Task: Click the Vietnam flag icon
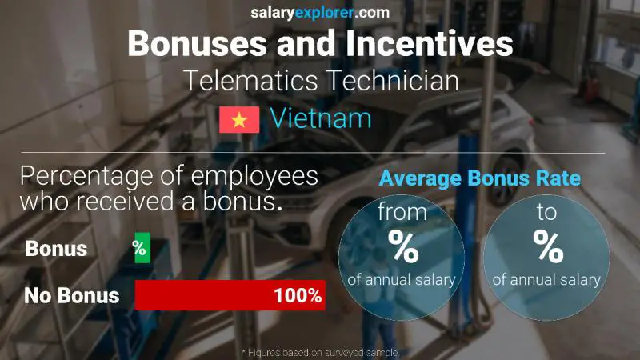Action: pyautogui.click(x=238, y=119)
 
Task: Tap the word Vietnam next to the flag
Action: pyautogui.click(x=321, y=119)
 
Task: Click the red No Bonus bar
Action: pyautogui.click(x=229, y=295)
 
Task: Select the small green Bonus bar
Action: pyautogui.click(x=142, y=249)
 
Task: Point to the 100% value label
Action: pyautogui.click(x=297, y=295)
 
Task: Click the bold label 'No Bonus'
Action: pyautogui.click(x=71, y=295)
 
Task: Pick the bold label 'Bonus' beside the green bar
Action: pyautogui.click(x=56, y=249)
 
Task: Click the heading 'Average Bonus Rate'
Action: pyautogui.click(x=480, y=178)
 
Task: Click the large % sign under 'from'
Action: pyautogui.click(x=402, y=247)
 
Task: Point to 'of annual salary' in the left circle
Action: pyautogui.click(x=402, y=280)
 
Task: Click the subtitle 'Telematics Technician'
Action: pyautogui.click(x=320, y=81)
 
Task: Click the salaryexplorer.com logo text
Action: pyautogui.click(x=319, y=12)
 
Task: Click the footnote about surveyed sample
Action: pyautogui.click(x=319, y=352)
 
